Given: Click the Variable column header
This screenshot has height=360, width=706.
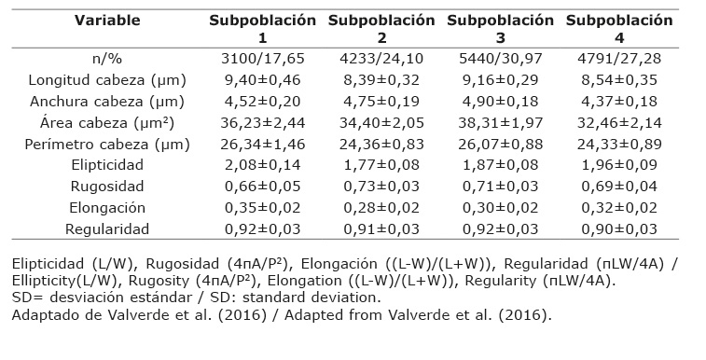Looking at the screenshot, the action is click(107, 21).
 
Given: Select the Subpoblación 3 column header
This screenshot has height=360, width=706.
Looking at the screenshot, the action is click(500, 29).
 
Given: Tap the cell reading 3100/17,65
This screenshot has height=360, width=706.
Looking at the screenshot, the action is click(262, 59).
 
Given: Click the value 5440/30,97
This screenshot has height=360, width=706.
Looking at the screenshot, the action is click(500, 59).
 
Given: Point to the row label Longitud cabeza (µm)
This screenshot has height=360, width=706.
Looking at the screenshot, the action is click(107, 80).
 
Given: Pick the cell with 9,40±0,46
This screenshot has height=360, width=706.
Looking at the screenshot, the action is click(262, 80).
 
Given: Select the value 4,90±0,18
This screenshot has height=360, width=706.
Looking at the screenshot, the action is click(500, 102).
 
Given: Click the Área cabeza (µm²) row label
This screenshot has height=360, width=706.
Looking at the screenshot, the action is click(107, 123).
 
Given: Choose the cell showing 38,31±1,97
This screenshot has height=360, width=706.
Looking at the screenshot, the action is click(500, 123).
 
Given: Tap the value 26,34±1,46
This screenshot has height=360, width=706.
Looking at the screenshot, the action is click(262, 145).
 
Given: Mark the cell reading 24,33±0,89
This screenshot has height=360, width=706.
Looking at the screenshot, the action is click(619, 145).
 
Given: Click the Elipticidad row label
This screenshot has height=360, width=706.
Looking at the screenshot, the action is click(107, 165).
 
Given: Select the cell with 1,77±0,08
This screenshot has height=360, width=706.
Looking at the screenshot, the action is click(381, 165).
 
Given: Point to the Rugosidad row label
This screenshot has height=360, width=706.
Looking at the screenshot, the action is click(107, 187).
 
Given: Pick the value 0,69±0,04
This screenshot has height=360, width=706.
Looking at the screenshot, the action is click(619, 187).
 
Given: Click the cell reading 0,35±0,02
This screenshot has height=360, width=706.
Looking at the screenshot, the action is click(262, 208).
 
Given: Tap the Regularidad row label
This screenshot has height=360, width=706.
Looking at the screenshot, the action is click(107, 229).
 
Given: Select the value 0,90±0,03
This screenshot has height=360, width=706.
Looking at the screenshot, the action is click(619, 229).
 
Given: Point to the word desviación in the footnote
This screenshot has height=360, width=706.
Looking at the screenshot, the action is click(89, 298).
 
